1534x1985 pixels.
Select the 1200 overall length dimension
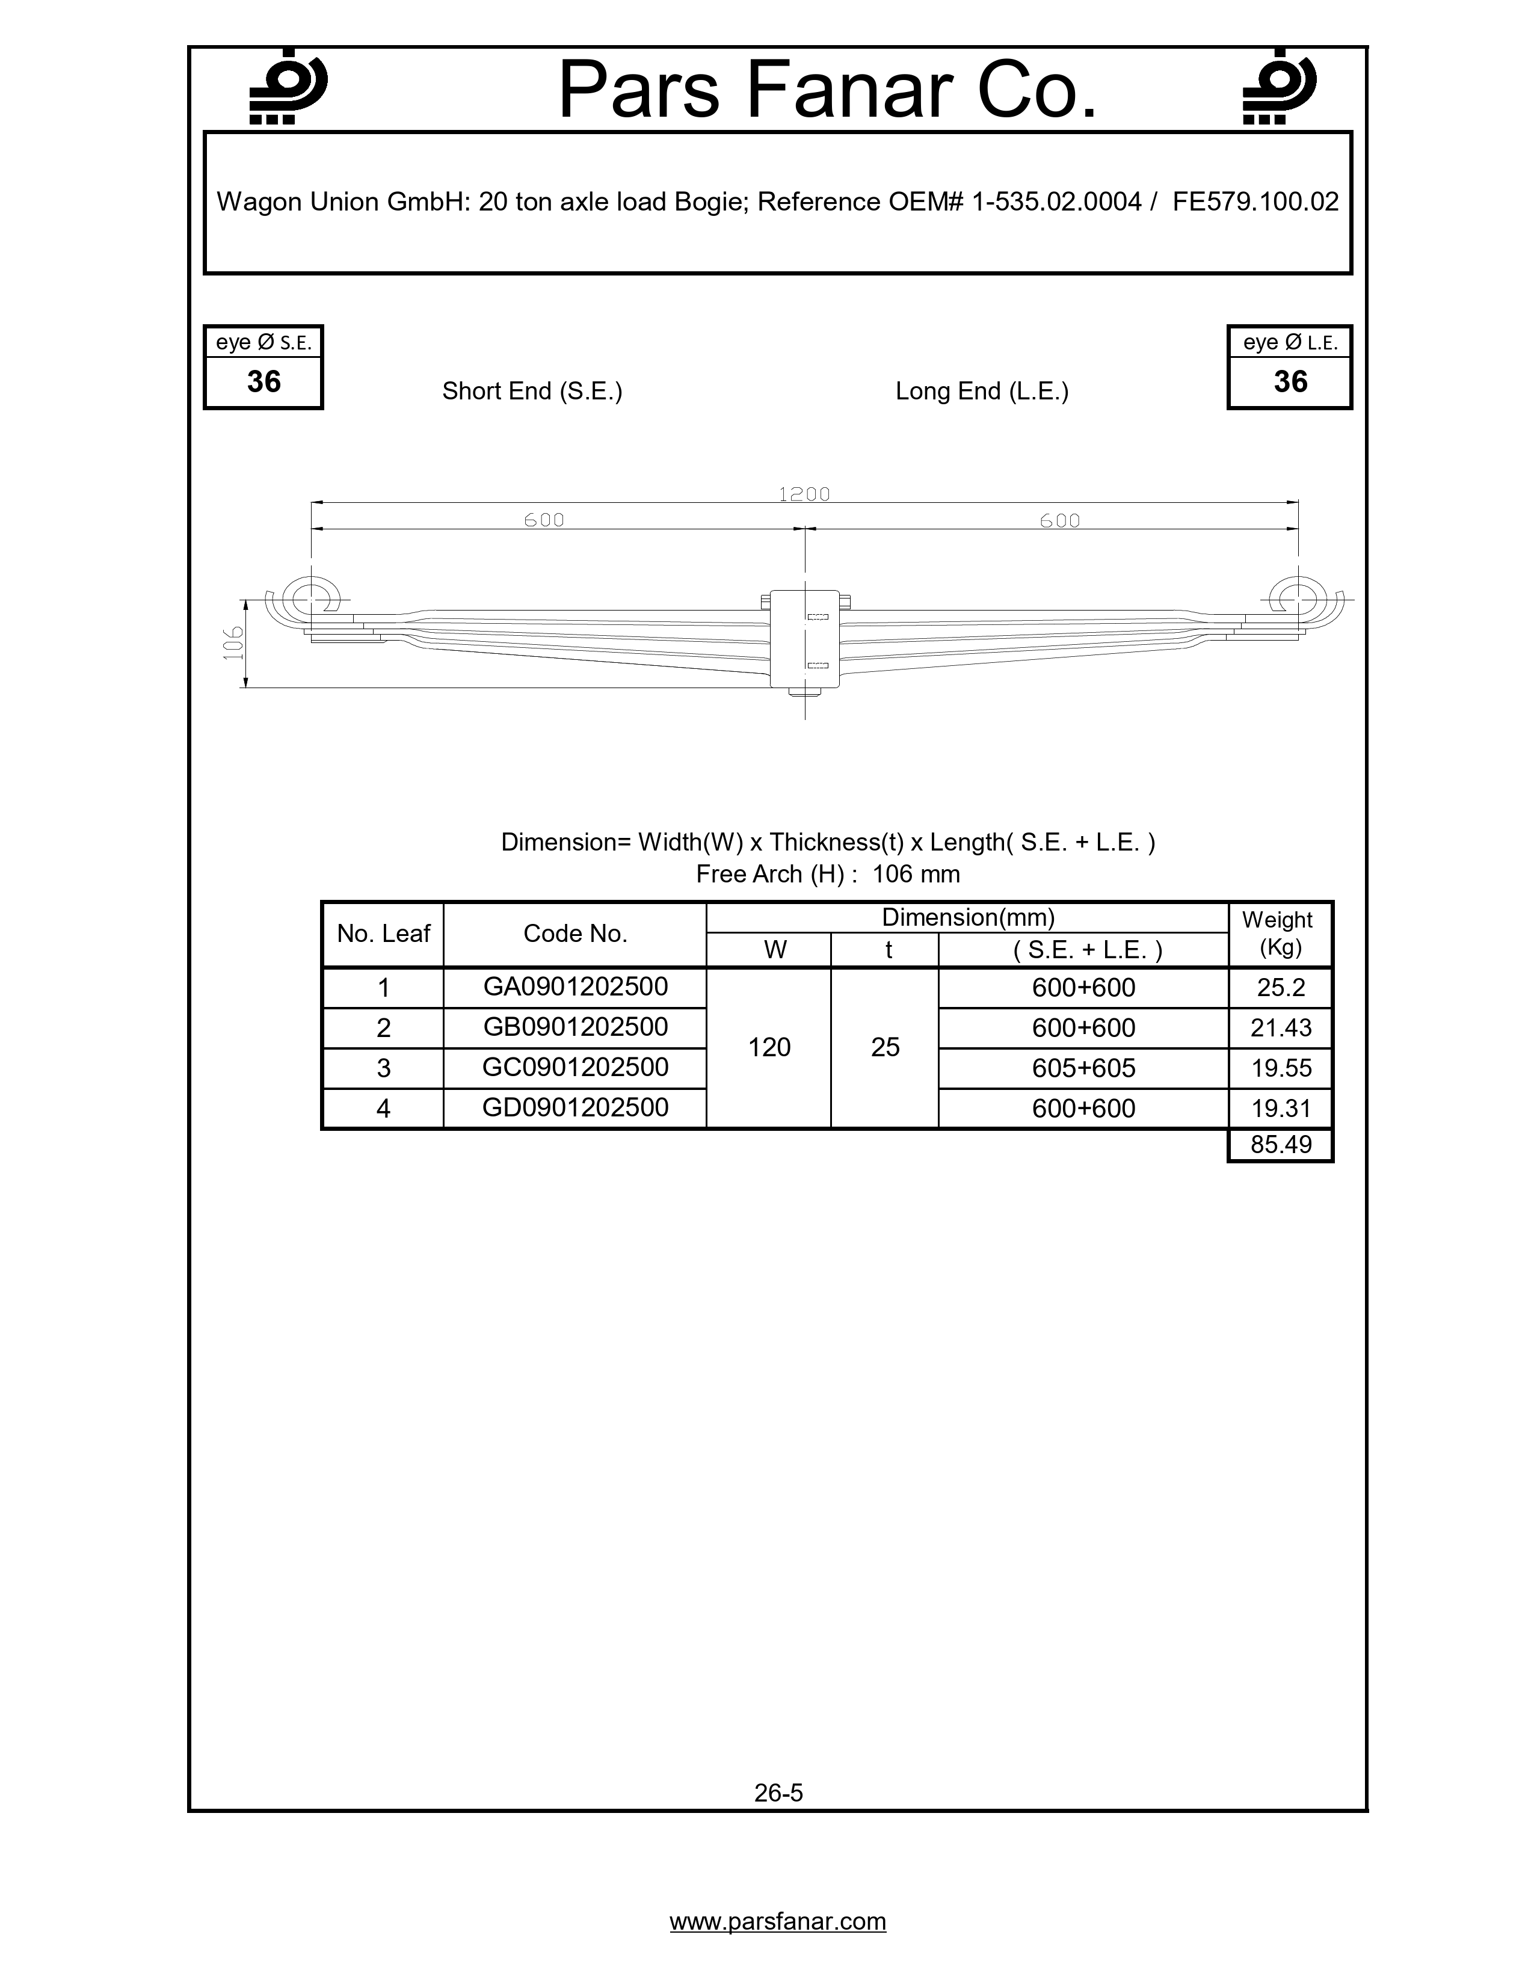pos(804,494)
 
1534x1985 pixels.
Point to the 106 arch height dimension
pos(235,644)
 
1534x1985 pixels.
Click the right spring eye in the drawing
pos(1298,599)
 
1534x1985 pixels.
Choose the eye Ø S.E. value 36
pos(263,382)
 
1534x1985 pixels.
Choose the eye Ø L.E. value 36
pos(1290,382)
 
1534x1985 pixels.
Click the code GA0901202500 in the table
pos(575,987)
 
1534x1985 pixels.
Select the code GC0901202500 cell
pos(575,1067)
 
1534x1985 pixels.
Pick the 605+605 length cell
pos(1083,1068)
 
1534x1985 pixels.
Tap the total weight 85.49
pos(1281,1144)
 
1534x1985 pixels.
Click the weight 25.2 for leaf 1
pos(1281,988)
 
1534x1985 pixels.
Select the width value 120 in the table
pos(769,1047)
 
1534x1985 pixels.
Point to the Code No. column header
pos(575,934)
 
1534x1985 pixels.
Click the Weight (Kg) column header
pos(1280,934)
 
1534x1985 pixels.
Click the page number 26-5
pos(778,1793)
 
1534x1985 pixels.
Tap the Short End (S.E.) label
pos(532,391)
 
